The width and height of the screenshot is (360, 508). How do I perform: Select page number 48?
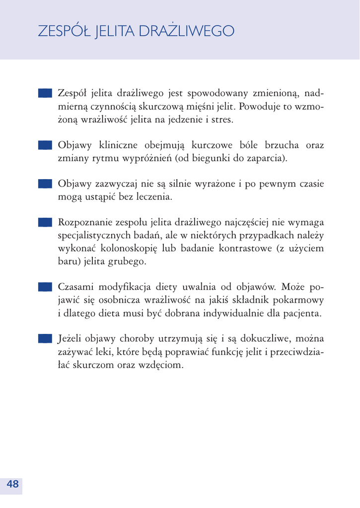point(13,484)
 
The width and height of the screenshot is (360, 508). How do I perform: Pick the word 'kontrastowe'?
point(243,248)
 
